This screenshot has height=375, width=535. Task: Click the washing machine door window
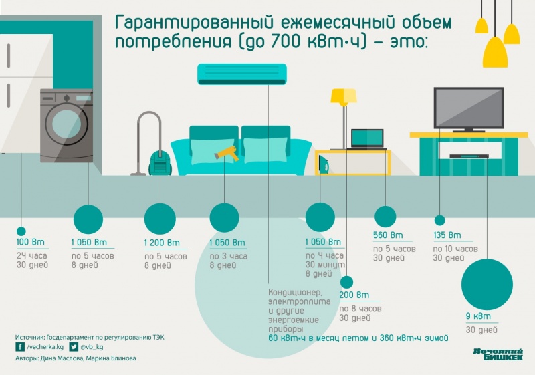tap(66, 124)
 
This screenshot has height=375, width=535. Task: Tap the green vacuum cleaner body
tap(159, 162)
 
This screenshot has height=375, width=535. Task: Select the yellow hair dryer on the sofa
tap(228, 154)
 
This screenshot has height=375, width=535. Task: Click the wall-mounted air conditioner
tap(242, 74)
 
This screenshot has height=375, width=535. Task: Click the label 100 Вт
tap(29, 242)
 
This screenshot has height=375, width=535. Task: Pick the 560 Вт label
tap(389, 235)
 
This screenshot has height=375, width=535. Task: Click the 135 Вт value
tap(447, 235)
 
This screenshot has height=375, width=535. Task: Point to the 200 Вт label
tap(354, 295)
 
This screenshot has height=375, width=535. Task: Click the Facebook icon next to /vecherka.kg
tap(20, 347)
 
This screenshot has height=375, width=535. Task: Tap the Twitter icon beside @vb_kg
tap(74, 347)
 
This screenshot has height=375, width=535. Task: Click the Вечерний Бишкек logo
tap(498, 354)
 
